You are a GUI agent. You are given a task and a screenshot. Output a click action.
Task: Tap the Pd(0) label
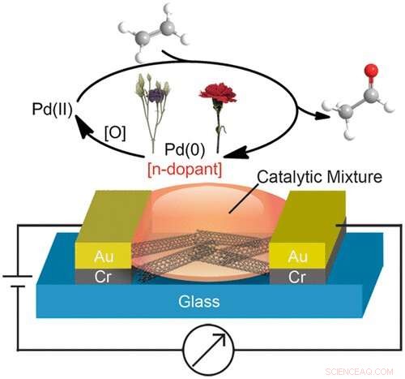tap(180, 149)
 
